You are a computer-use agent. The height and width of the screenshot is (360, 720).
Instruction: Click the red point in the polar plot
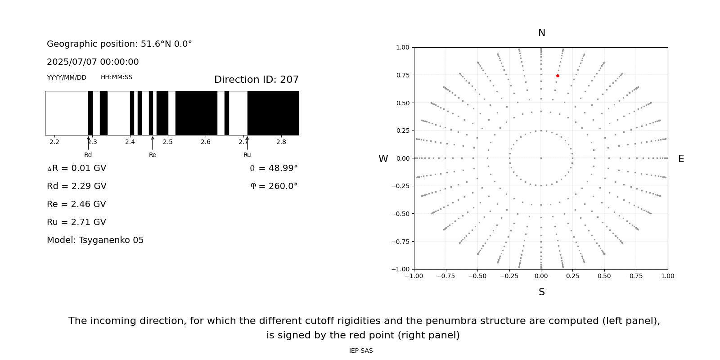pos(558,76)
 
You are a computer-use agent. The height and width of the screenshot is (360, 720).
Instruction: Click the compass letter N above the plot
pos(541,33)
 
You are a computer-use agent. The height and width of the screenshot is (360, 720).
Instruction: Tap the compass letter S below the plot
pos(541,292)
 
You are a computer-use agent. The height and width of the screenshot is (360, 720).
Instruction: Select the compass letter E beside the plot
pos(681,159)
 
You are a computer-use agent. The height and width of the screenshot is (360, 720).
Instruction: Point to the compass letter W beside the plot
pos(383,159)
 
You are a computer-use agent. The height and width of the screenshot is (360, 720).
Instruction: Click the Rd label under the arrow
pos(88,155)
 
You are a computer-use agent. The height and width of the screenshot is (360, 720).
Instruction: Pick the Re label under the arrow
pos(153,155)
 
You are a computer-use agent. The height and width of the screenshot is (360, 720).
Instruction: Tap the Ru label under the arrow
pos(247,155)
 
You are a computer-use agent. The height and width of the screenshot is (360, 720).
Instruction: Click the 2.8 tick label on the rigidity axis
pos(281,142)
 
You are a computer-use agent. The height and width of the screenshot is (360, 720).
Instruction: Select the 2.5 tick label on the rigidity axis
pos(168,142)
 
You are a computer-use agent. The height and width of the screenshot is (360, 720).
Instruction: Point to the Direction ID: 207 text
pos(256,80)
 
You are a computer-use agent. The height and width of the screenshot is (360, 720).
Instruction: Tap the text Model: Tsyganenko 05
pos(95,240)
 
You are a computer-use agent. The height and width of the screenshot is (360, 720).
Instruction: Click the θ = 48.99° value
pos(274,168)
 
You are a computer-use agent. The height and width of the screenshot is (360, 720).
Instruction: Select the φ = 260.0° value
pos(274,186)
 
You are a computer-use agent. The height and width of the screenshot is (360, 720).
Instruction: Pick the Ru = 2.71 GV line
pos(76,222)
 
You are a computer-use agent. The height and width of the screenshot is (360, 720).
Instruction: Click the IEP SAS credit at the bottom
pos(361,351)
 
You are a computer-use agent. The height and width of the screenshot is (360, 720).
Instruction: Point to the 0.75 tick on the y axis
pos(402,75)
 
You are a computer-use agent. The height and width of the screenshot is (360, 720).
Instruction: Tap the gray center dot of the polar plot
pos(541,158)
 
